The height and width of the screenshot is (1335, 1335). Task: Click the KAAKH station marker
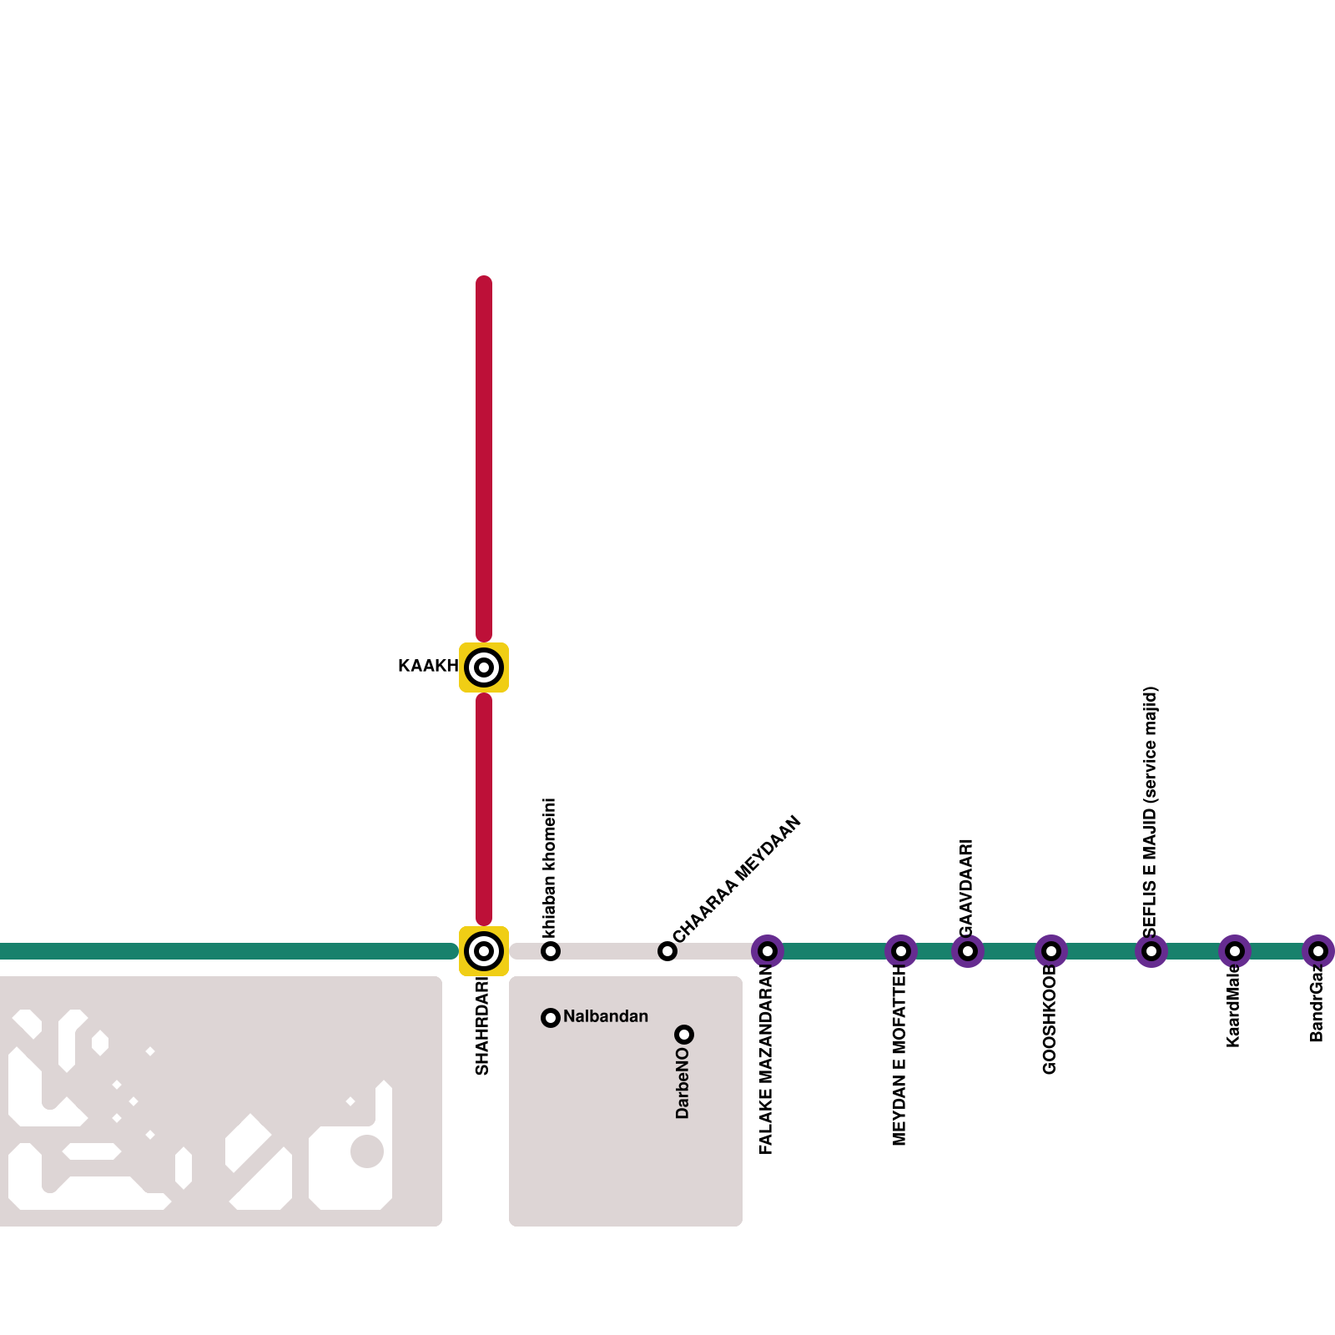(x=484, y=667)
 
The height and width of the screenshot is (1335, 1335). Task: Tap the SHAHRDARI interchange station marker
(x=484, y=951)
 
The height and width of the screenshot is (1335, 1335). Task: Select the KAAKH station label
(x=427, y=666)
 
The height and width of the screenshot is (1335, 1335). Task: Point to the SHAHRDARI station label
(x=482, y=1026)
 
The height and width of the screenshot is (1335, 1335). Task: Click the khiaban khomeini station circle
(x=551, y=951)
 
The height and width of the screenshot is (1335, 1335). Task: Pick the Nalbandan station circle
(x=551, y=1018)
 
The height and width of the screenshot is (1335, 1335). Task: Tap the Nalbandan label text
(x=606, y=1016)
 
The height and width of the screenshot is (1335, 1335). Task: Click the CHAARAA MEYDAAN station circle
(x=667, y=951)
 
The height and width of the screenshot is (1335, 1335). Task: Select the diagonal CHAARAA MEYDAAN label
(x=737, y=879)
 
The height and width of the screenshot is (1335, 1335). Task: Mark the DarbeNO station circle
(x=684, y=1035)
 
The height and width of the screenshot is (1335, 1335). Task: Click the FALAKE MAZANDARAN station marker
(x=768, y=951)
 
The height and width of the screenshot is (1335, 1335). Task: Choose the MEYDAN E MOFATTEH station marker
(x=901, y=951)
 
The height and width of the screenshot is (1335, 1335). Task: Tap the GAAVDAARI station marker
(x=968, y=951)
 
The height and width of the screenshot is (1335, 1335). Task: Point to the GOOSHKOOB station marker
(x=1051, y=951)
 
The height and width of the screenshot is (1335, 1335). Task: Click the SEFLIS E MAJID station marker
(x=1151, y=951)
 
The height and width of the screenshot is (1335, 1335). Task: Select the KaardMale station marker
(x=1235, y=951)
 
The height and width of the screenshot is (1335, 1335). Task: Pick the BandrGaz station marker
(x=1318, y=951)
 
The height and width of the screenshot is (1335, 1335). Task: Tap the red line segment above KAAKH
(x=484, y=459)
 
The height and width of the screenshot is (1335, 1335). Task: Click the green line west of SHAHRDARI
(x=225, y=951)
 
